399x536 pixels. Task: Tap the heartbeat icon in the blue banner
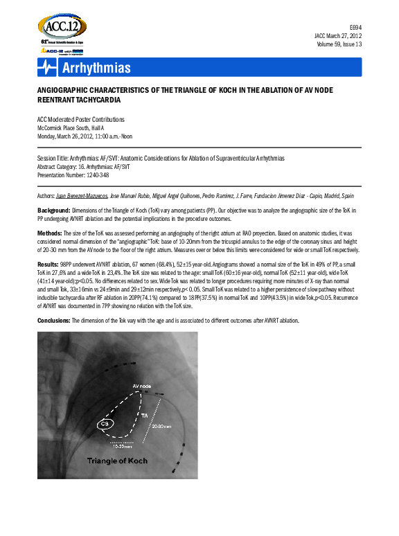coord(47,67)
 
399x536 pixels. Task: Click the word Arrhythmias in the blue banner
coord(96,67)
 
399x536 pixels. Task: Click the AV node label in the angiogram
coord(141,385)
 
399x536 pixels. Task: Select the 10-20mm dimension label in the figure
coord(123,447)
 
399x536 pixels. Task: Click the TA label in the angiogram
coord(163,414)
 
